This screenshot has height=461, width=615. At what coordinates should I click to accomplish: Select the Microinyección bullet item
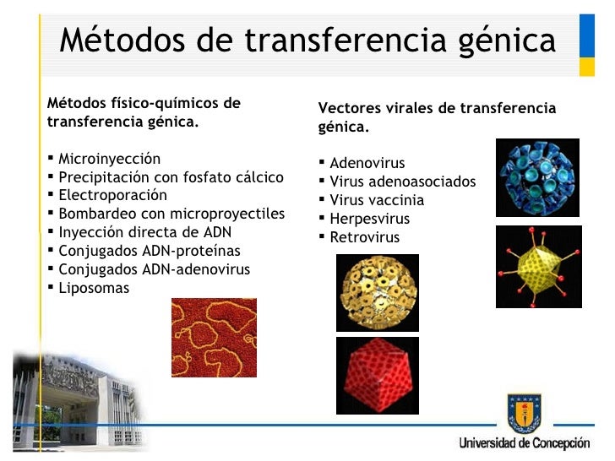click(108, 159)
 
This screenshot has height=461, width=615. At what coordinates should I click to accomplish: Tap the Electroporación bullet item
click(112, 195)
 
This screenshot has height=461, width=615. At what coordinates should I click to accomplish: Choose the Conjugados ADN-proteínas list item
click(149, 251)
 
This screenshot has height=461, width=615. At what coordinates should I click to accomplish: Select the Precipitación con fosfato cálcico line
click(170, 177)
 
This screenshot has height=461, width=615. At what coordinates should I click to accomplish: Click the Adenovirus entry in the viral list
click(367, 163)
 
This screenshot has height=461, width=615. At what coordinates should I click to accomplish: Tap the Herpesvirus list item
click(369, 219)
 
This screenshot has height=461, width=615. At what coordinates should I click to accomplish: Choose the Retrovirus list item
click(364, 237)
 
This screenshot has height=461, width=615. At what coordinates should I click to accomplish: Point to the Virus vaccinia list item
click(376, 200)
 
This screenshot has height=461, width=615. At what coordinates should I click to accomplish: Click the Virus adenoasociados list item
click(402, 182)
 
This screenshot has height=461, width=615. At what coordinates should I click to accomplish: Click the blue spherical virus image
click(536, 178)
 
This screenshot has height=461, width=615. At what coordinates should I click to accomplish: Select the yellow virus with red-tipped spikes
click(538, 266)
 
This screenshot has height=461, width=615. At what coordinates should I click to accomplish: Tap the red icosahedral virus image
click(378, 375)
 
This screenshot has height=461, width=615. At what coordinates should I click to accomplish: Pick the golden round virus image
click(378, 292)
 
